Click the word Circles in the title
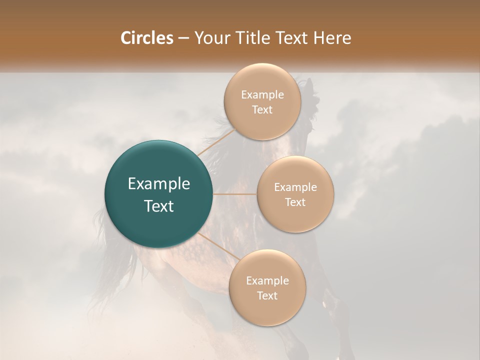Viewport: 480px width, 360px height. tap(146, 38)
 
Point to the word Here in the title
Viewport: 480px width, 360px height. tap(333, 38)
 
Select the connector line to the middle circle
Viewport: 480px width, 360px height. tap(235, 194)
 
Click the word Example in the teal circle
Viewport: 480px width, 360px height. tap(159, 184)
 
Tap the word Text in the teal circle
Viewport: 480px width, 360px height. tap(159, 206)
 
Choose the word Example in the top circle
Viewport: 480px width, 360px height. tap(262, 95)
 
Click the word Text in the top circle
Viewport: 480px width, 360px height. tap(262, 110)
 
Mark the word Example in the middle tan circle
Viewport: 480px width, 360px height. tap(295, 187)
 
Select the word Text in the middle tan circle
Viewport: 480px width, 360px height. tap(295, 202)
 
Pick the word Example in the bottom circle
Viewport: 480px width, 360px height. tap(267, 281)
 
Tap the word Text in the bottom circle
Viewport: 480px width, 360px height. tap(267, 296)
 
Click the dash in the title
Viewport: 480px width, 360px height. tap(183, 38)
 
